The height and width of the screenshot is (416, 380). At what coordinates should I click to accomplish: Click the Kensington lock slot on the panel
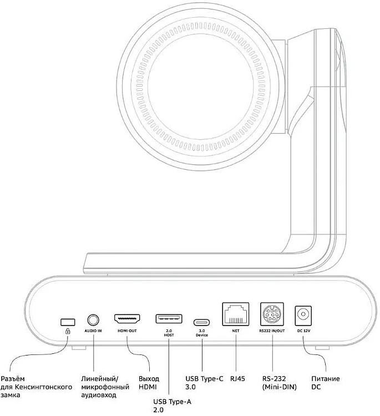click(68, 321)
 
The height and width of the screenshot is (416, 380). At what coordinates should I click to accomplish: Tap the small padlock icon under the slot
click(68, 331)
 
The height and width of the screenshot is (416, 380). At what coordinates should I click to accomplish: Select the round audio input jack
click(93, 320)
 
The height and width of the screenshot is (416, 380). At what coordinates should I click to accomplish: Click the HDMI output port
click(127, 319)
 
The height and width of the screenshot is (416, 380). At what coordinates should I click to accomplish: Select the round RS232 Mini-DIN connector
click(272, 315)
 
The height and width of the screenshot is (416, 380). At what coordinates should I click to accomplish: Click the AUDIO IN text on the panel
click(93, 331)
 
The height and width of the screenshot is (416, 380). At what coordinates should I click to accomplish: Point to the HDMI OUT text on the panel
click(127, 331)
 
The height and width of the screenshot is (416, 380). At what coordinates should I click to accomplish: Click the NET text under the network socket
click(235, 331)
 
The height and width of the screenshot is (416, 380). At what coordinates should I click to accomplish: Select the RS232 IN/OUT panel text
click(272, 331)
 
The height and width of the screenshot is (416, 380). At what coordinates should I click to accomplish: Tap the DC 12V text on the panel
click(303, 331)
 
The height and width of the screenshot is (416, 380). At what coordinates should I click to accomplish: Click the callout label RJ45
click(237, 379)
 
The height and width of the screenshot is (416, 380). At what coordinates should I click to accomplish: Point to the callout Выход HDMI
click(149, 383)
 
